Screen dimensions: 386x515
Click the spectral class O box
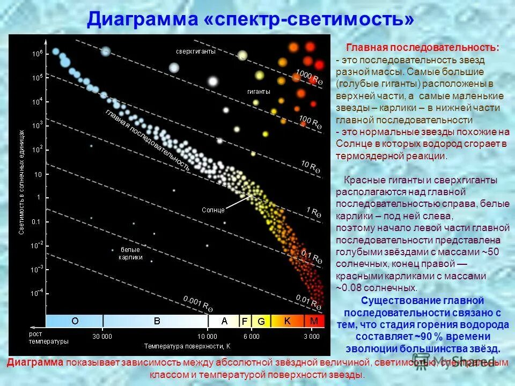(x=75, y=321)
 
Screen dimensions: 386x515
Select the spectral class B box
(x=157, y=321)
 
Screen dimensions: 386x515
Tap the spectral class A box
(x=224, y=321)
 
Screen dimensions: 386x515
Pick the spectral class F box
(x=245, y=321)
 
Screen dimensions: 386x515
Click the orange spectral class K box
(x=288, y=321)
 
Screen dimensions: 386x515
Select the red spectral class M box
(x=314, y=321)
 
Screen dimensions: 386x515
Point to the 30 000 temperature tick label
(x=102, y=336)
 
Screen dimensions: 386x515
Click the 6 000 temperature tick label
(x=251, y=336)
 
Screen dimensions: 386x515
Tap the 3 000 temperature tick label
(x=311, y=336)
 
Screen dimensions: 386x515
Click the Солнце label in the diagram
(x=214, y=210)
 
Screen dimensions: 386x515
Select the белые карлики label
(x=130, y=253)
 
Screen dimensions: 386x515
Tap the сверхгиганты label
(x=196, y=51)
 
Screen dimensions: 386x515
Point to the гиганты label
(x=259, y=92)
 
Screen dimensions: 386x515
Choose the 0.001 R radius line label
(x=198, y=305)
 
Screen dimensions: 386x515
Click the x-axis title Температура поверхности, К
(x=187, y=345)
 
